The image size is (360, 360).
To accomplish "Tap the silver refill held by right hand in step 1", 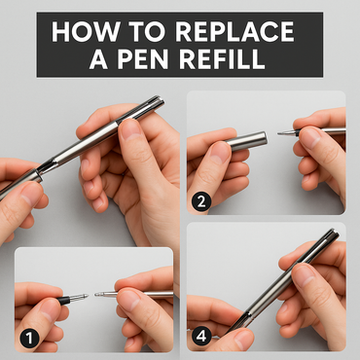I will (x=146, y=291).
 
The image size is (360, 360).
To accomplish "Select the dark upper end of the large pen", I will (x=154, y=102).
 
